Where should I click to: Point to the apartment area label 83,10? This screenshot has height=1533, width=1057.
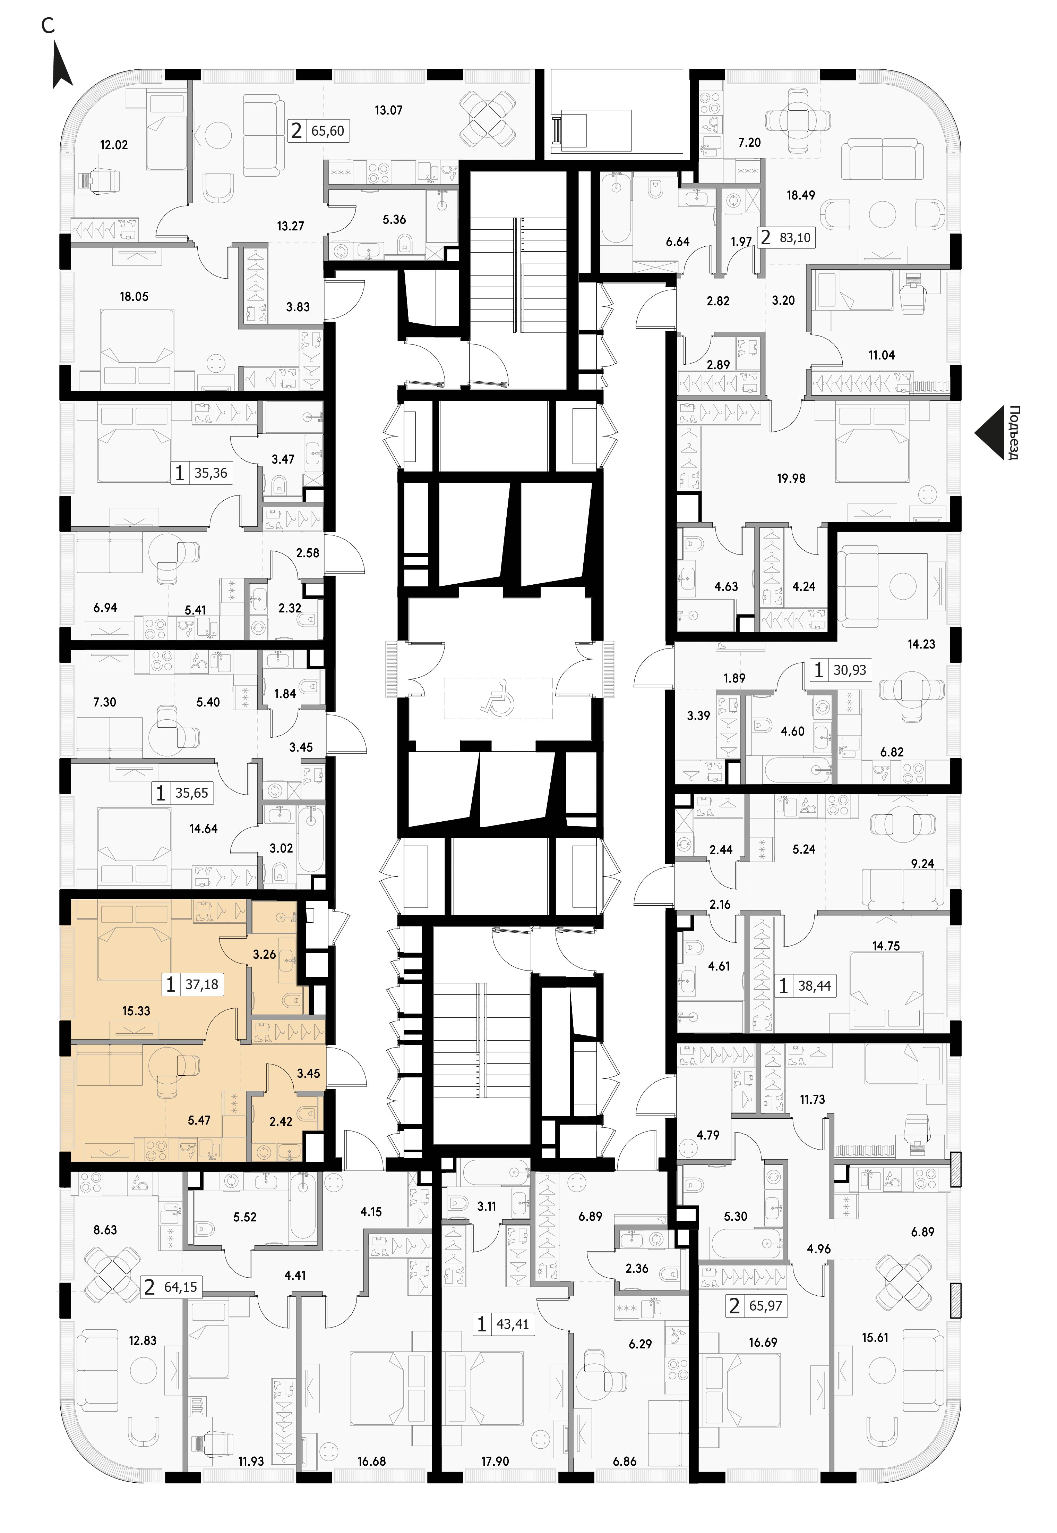795,237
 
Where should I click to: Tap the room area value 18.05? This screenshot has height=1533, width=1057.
134,297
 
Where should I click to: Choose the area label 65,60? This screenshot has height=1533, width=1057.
328,130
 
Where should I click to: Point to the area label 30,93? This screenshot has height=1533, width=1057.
850,670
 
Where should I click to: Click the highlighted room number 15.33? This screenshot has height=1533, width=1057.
136,1011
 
